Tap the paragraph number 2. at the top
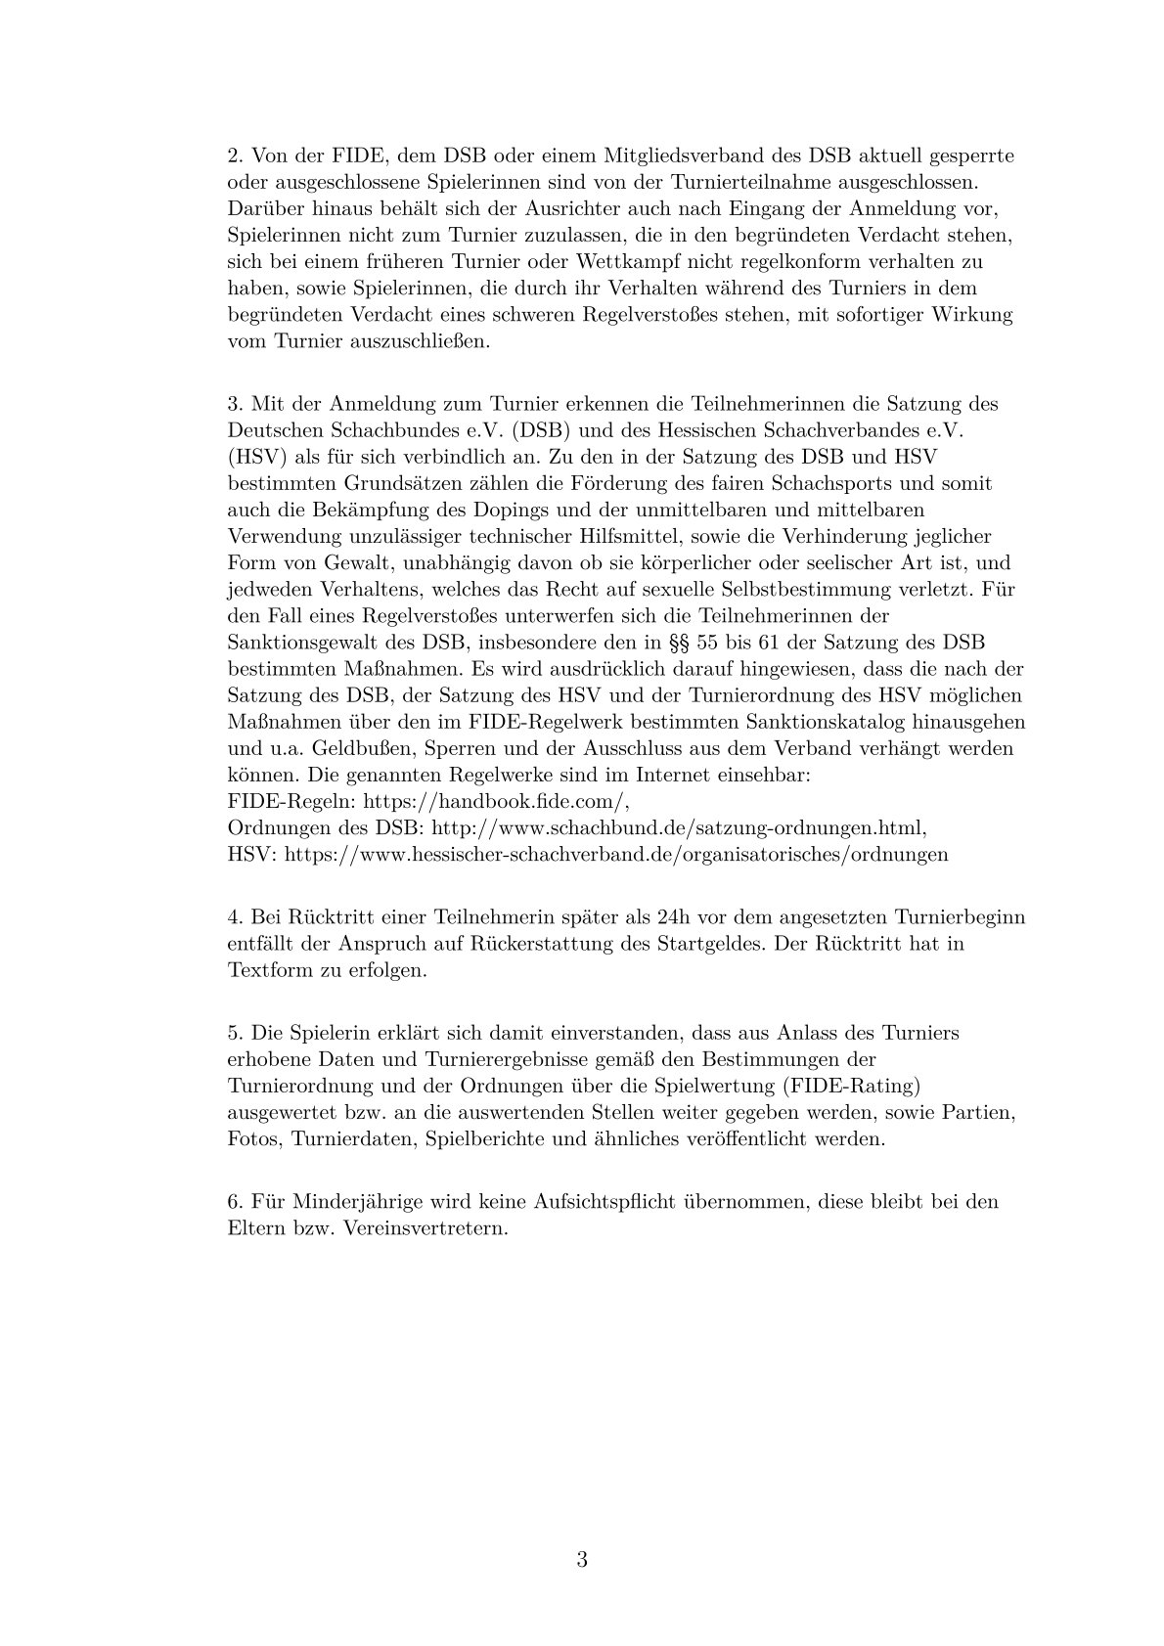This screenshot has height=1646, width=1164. (x=235, y=156)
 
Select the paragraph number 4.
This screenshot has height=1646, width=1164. (x=235, y=918)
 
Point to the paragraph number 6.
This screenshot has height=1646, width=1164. (x=235, y=1201)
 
